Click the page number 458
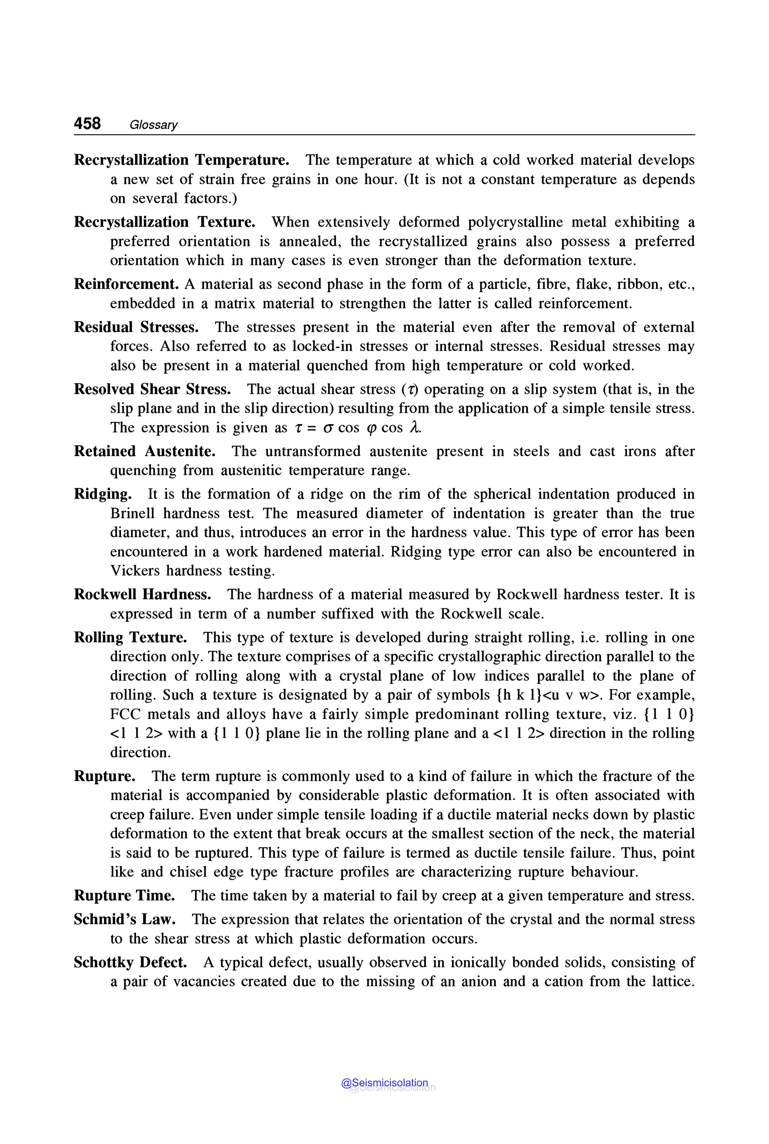87,123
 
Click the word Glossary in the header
153,125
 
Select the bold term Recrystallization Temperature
181,160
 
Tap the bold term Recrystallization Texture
164,222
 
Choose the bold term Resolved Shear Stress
152,389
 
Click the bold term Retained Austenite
144,451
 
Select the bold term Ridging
103,494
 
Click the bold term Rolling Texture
130,637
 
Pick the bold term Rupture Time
124,896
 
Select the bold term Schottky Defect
130,962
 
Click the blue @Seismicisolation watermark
384,1083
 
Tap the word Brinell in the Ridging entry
132,513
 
